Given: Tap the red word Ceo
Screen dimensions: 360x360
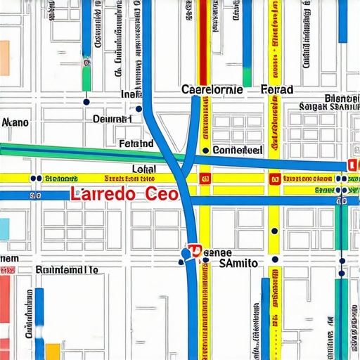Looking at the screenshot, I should tap(157, 195).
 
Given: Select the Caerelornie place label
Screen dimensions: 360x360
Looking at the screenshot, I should tap(212, 90).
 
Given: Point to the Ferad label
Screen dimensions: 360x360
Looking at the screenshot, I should tap(277, 90).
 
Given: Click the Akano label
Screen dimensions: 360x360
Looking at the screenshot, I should tap(15, 122).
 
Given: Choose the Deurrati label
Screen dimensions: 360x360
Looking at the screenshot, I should tap(112, 120).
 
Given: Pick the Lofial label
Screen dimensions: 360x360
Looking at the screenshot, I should tap(144, 169).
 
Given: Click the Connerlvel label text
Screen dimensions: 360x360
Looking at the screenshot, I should tap(237, 150).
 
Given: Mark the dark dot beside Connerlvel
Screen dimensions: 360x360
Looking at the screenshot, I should tap(205, 150).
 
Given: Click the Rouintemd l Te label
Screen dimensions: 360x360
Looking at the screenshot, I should tap(66, 269).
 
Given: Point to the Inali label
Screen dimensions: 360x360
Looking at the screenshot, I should tap(131, 94).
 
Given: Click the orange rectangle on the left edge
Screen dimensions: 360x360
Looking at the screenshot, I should tap(4, 58).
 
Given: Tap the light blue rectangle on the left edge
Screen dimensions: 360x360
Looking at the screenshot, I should tap(4, 229).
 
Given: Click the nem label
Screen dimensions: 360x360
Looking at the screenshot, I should tap(9, 259).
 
